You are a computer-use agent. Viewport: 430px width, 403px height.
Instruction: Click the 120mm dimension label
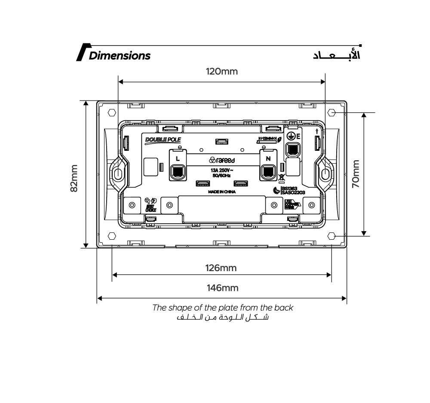click(x=221, y=71)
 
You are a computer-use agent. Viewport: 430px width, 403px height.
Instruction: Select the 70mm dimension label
click(x=356, y=174)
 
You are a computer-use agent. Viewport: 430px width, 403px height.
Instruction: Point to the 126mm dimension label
click(x=221, y=268)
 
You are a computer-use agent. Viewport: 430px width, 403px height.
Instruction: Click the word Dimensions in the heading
click(x=120, y=56)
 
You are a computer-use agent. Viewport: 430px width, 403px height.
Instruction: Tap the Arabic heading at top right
click(x=337, y=55)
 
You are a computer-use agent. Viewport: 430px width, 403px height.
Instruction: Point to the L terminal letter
click(x=178, y=158)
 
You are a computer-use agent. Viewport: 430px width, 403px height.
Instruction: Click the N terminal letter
click(x=268, y=158)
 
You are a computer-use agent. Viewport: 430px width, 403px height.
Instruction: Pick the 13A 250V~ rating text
click(x=221, y=170)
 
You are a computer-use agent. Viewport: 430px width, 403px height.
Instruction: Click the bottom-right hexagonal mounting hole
click(x=332, y=236)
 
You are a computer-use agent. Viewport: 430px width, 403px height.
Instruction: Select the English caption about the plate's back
click(x=223, y=308)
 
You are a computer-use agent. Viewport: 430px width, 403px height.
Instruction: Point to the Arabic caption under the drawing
click(x=223, y=318)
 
